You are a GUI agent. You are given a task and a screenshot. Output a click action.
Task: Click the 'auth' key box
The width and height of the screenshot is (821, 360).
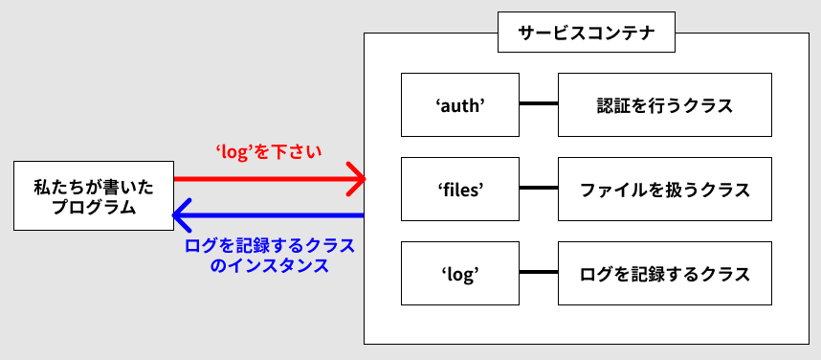point(459,105)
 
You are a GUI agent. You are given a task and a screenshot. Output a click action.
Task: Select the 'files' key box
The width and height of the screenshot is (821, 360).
point(459,190)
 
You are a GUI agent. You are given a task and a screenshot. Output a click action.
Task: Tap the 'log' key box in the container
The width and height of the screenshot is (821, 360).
point(459,274)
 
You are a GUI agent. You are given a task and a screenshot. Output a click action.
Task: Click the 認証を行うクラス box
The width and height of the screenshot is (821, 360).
point(664,105)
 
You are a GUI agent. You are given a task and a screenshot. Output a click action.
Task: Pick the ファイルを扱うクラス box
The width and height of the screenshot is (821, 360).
point(664,190)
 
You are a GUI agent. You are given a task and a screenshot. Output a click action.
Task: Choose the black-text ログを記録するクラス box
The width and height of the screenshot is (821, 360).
point(664,274)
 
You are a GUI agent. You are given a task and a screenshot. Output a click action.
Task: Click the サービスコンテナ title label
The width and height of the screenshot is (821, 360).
point(586,34)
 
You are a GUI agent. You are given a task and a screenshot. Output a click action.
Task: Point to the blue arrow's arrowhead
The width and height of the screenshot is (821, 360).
point(178,214)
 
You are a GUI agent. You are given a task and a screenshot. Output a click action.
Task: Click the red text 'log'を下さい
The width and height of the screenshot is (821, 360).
point(268,151)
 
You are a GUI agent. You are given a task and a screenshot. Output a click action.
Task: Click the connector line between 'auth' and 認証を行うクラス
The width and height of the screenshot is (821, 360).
point(538,105)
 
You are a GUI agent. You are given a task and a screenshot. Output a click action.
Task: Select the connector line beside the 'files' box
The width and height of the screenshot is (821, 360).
point(538,190)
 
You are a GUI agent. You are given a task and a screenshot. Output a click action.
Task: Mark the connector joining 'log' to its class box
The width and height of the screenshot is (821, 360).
point(538,274)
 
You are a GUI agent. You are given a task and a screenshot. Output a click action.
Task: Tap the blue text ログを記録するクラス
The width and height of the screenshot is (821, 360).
point(268,245)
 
